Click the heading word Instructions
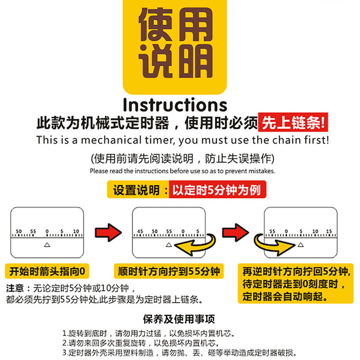[x=175, y=105]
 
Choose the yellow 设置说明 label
[x=136, y=190]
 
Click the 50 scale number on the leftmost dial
[x=19, y=232]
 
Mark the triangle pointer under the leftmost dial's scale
[x=46, y=244]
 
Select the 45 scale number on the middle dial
[x=140, y=232]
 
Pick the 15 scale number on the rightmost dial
[x=328, y=232]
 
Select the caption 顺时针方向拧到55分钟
[x=169, y=271]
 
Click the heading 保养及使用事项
[x=179, y=319]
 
